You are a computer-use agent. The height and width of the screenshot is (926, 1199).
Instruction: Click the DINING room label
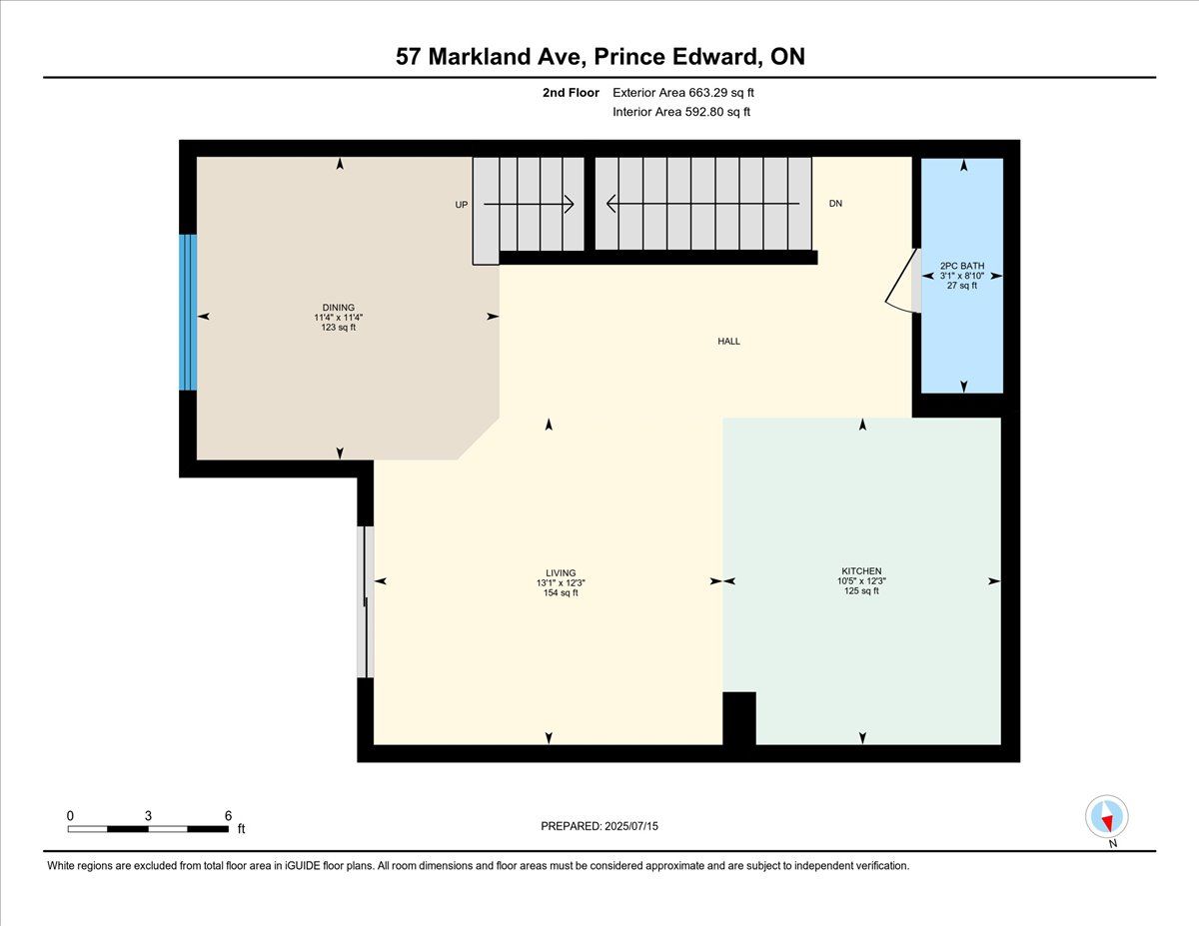coord(339,308)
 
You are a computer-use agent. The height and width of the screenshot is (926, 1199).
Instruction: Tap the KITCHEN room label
coord(861,570)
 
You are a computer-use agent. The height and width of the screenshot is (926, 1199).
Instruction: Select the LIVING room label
coord(561,573)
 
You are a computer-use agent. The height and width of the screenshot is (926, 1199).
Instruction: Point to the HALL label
coord(728,342)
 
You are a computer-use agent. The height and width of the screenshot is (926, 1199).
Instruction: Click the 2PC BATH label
coord(962,266)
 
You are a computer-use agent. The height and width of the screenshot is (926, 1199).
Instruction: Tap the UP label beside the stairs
coord(462,205)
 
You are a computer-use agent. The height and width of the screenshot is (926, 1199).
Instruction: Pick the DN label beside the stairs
coord(835,204)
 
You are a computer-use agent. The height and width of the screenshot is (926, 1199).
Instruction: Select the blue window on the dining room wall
coord(188,313)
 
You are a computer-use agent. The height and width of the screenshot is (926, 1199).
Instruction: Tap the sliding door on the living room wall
coord(366,601)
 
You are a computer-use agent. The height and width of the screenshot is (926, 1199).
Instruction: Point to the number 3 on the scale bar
coord(148,816)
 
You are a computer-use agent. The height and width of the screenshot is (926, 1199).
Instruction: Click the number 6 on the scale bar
coord(228,816)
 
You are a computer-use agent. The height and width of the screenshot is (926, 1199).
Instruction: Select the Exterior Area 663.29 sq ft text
coord(683,93)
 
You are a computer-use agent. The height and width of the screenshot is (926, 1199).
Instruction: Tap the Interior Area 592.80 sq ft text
coord(681,112)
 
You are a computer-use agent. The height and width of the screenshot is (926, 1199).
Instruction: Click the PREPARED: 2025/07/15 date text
coord(599,826)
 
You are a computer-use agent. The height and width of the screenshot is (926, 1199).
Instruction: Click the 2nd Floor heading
coord(571,93)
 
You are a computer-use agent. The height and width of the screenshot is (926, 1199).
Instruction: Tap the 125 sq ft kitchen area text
coord(861,590)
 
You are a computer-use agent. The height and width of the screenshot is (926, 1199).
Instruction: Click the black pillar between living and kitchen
coord(739,718)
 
